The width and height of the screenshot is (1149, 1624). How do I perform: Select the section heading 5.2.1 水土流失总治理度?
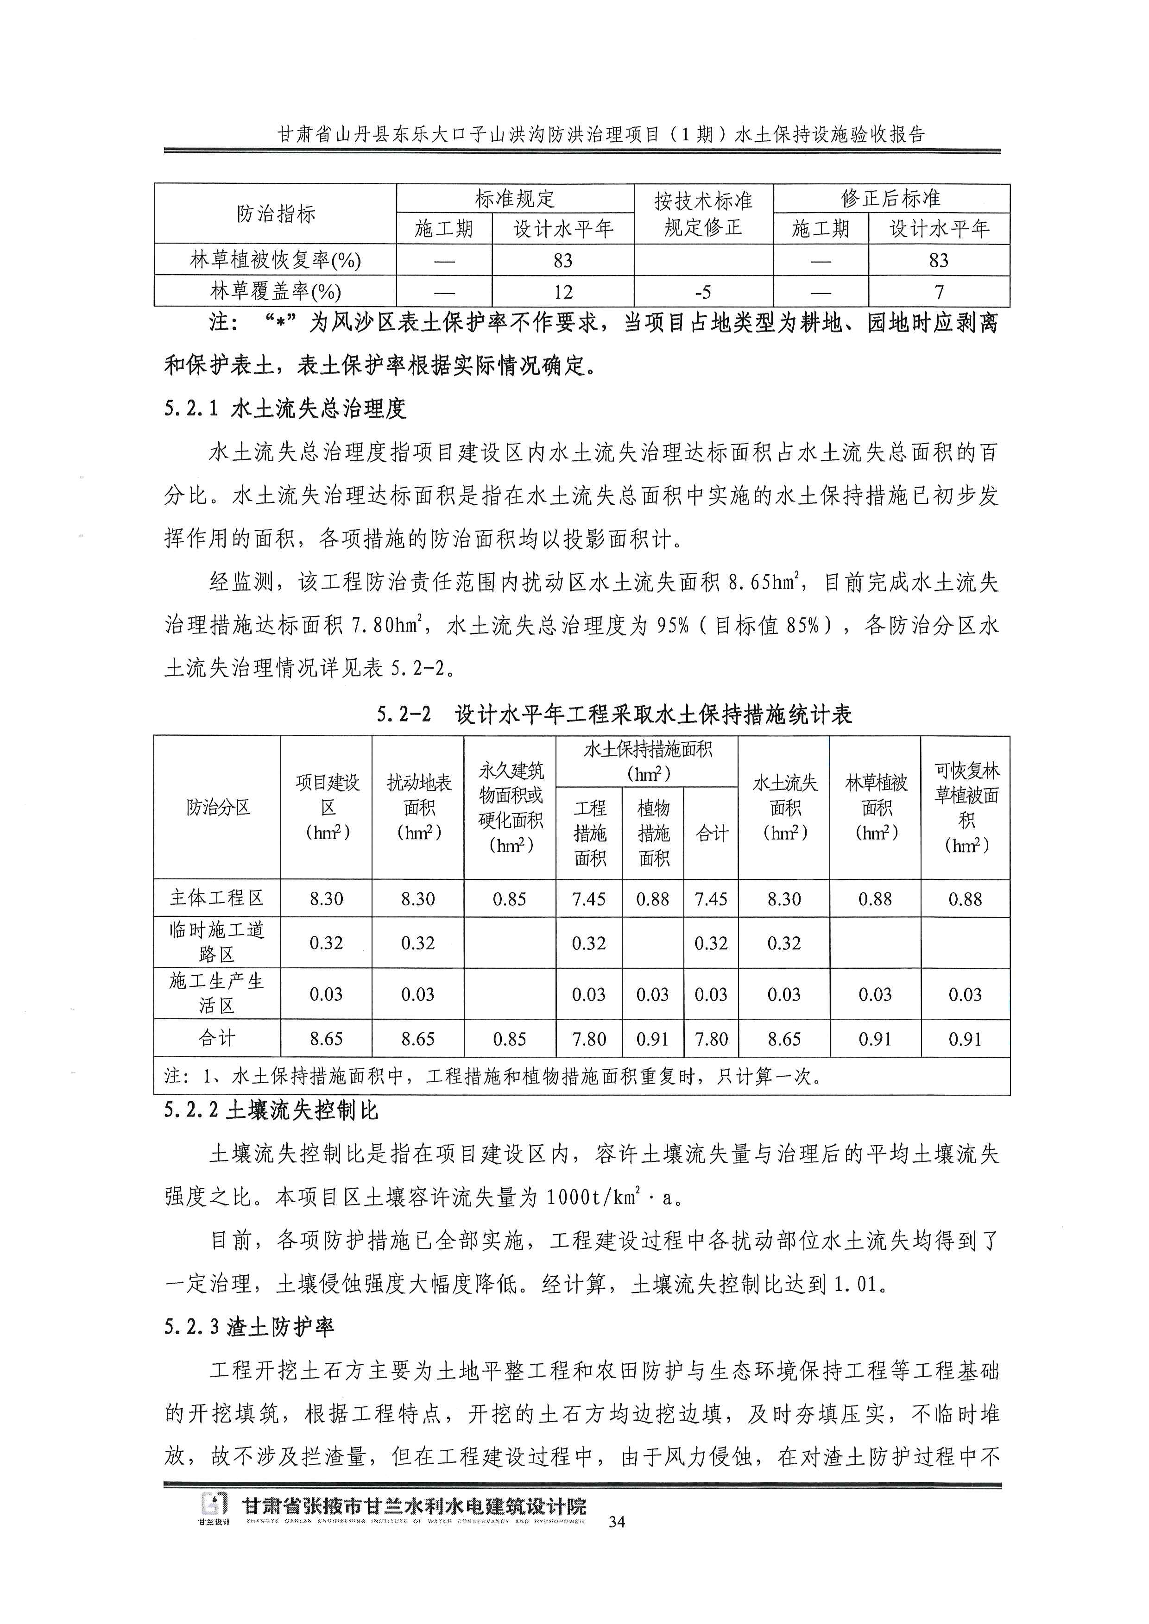tap(285, 408)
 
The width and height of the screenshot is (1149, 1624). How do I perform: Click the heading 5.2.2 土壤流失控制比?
tap(271, 1110)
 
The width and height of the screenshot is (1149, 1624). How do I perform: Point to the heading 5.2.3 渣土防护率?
tap(249, 1326)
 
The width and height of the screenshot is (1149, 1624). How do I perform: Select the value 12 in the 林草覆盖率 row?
tap(563, 291)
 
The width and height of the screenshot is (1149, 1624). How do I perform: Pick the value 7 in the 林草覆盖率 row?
tap(938, 291)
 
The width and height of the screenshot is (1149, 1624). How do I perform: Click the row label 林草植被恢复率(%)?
tap(275, 260)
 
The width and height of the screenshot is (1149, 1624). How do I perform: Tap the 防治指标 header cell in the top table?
tap(275, 213)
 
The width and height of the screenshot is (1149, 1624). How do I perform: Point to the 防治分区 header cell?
tap(218, 807)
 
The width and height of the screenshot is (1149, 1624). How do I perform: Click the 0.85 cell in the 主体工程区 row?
tap(510, 899)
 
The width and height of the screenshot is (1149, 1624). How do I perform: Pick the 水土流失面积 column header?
tap(784, 807)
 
